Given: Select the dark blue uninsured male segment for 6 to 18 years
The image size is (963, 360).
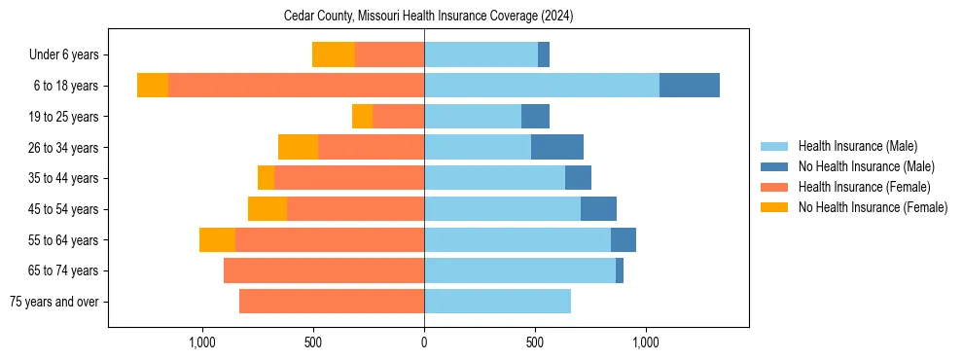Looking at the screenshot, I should tap(689, 86).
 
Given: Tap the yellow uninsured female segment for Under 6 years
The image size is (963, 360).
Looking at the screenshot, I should tap(333, 54).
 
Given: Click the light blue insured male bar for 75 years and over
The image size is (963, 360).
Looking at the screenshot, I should tap(497, 302).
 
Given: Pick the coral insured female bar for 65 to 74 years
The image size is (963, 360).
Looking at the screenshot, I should tap(324, 270).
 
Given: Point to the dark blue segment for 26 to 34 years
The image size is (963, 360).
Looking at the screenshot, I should tap(556, 147).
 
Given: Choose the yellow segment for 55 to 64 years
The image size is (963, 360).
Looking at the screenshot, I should tap(217, 239).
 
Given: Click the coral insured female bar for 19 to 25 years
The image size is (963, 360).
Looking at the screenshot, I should tap(398, 117).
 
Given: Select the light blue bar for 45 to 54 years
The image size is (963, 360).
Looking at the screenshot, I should tap(502, 209).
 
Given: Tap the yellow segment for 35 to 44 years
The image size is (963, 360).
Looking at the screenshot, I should tap(266, 178).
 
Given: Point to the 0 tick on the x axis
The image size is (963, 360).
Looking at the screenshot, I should tap(424, 342).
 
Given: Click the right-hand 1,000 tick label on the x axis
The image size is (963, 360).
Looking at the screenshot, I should tap(646, 342).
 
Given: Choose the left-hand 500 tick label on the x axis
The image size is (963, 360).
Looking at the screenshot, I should tap(313, 342).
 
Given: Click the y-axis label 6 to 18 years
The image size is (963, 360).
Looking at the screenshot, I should tap(65, 86).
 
